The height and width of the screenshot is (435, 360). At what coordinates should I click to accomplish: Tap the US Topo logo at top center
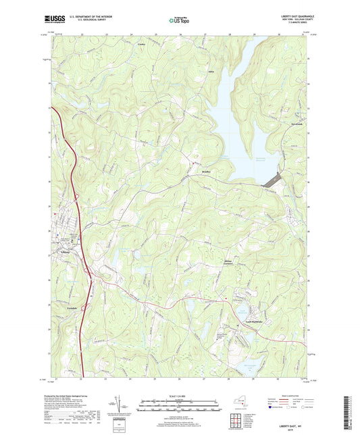[x=179, y=20]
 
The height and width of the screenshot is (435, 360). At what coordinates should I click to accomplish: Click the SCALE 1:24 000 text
[x=179, y=395]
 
